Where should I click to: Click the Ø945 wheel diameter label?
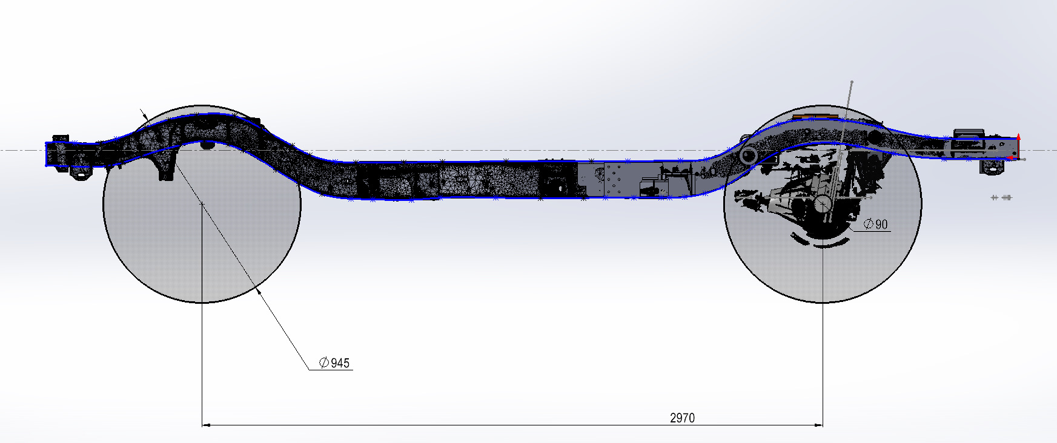click(334, 363)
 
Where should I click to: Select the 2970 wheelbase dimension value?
click(682, 418)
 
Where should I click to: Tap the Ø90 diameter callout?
click(876, 225)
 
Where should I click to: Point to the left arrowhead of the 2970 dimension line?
click(206, 425)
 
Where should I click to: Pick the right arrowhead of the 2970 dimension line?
click(818, 425)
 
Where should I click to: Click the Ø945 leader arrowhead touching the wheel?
click(259, 292)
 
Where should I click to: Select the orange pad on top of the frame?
click(815, 116)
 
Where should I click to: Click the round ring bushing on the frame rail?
click(749, 156)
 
